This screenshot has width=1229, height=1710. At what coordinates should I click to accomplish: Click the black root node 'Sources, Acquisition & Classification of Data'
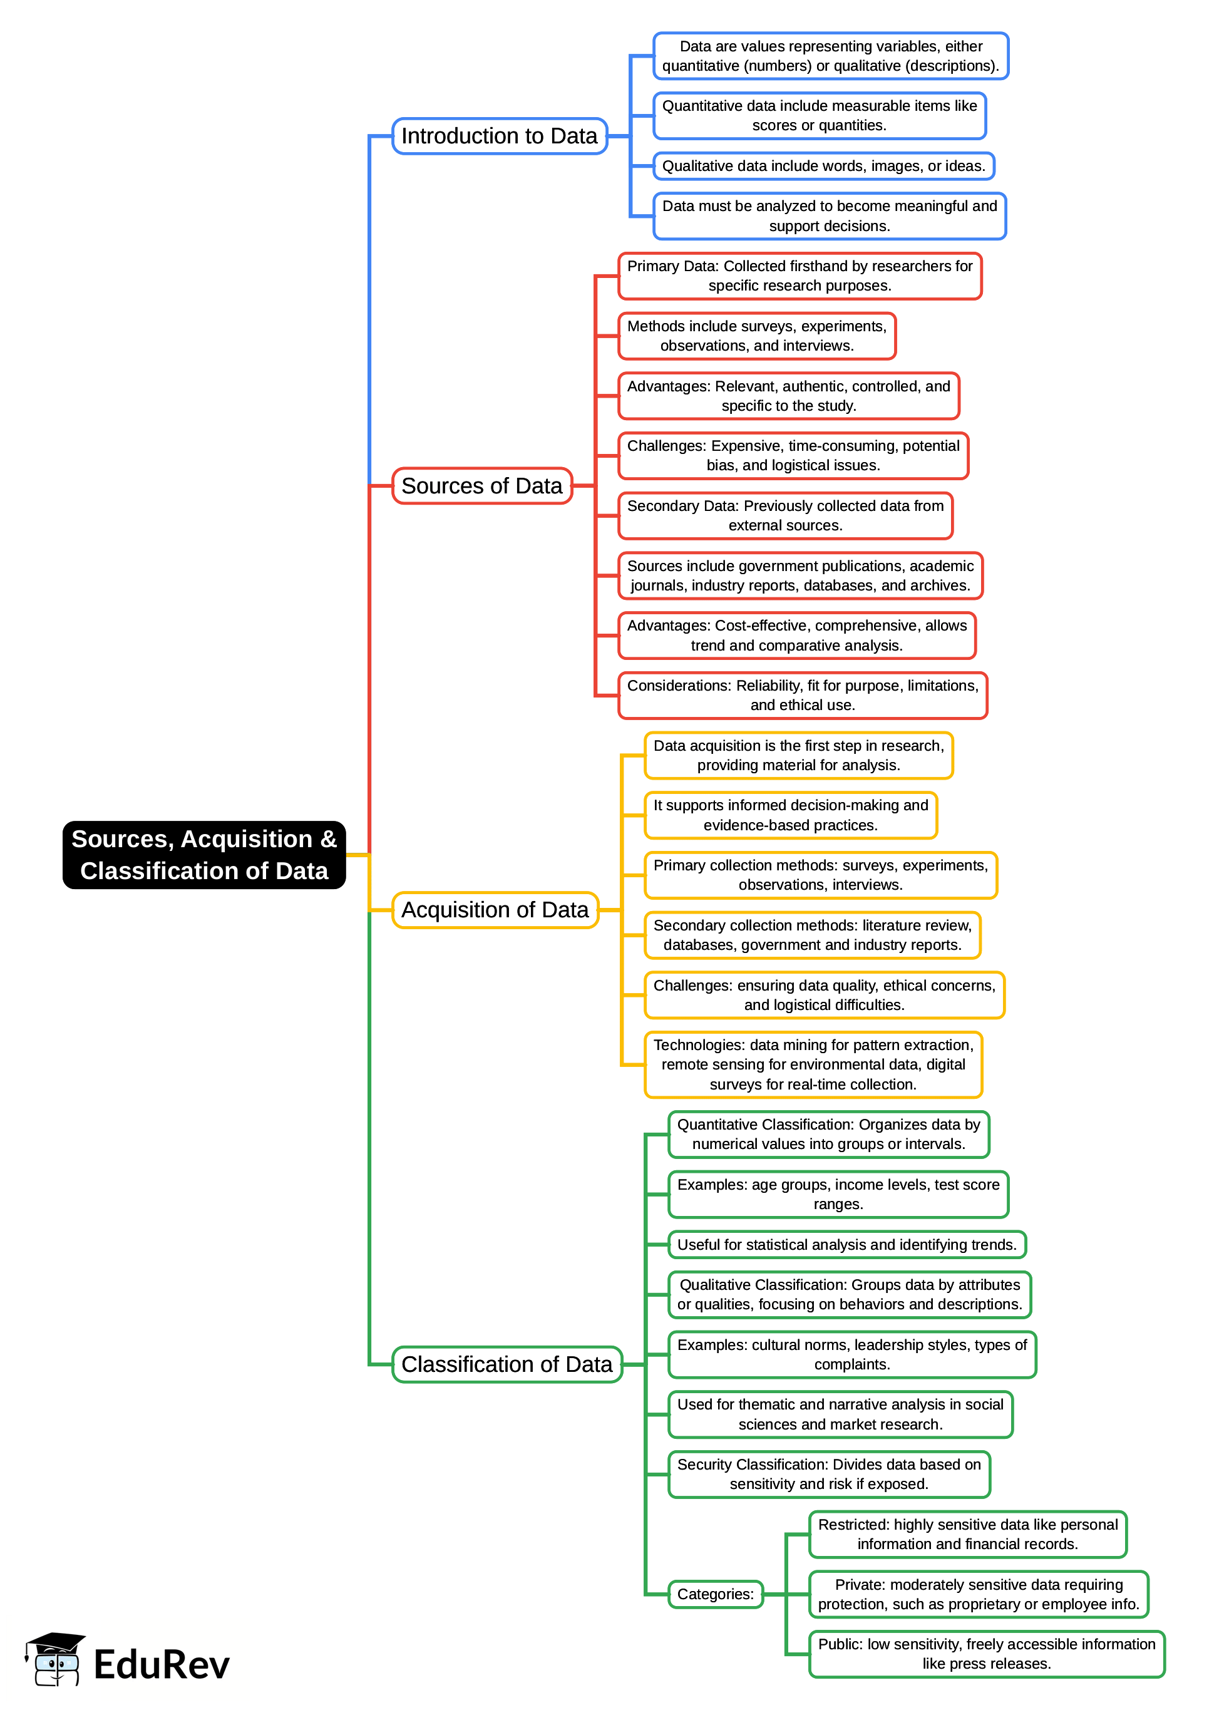coord(203,854)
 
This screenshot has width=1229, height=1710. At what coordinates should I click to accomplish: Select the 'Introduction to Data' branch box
coord(499,136)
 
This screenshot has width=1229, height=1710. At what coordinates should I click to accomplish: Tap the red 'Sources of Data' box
coord(482,485)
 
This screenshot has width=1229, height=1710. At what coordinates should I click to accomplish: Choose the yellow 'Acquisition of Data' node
coord(495,909)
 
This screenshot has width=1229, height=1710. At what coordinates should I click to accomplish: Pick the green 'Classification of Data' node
coord(507,1364)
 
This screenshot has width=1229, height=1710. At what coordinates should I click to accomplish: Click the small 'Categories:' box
coord(715,1594)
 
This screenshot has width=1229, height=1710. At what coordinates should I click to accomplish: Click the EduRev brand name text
coord(162,1664)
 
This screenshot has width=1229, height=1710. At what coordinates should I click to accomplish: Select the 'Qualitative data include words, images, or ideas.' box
coord(823,166)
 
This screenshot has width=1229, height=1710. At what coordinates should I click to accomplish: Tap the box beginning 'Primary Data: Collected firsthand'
coord(800,276)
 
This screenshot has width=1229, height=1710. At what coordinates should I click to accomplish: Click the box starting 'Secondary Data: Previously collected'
coord(785,516)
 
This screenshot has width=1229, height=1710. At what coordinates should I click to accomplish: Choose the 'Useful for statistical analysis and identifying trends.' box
coord(846,1244)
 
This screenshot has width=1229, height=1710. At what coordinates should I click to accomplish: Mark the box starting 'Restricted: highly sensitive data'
coord(967,1533)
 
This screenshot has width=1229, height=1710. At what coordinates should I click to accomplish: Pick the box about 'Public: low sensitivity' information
coord(986,1654)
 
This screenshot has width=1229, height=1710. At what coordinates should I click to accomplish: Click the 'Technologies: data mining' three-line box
coord(813,1064)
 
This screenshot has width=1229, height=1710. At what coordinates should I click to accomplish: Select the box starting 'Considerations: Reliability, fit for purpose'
coord(802,695)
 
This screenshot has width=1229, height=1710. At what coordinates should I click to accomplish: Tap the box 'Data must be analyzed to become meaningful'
coord(830,215)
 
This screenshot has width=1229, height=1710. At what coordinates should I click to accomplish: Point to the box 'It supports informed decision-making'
coord(790,815)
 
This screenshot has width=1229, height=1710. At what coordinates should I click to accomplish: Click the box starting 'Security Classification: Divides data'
coord(829,1474)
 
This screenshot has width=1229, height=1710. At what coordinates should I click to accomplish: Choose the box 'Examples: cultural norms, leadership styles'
coord(852,1354)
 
